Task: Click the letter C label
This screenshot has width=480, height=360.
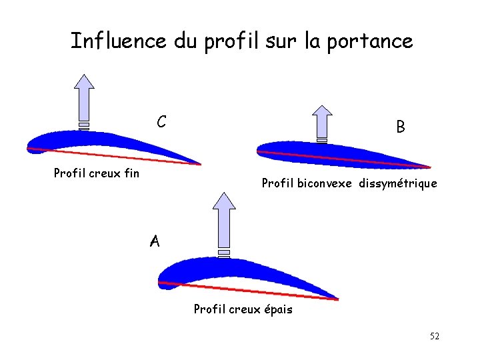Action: pyautogui.click(x=161, y=122)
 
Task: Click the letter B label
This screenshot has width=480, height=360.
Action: pyautogui.click(x=400, y=127)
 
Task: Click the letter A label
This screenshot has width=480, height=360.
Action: pyautogui.click(x=155, y=241)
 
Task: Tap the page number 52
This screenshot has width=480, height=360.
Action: pyautogui.click(x=435, y=337)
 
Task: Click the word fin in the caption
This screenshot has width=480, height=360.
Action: pyautogui.click(x=131, y=173)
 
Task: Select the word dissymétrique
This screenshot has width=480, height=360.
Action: pyautogui.click(x=398, y=183)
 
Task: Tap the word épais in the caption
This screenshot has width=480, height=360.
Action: pyautogui.click(x=278, y=309)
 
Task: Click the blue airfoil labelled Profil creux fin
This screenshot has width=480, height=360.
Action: pyautogui.click(x=100, y=141)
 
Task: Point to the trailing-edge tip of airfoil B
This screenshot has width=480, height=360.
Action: pyautogui.click(x=430, y=167)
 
